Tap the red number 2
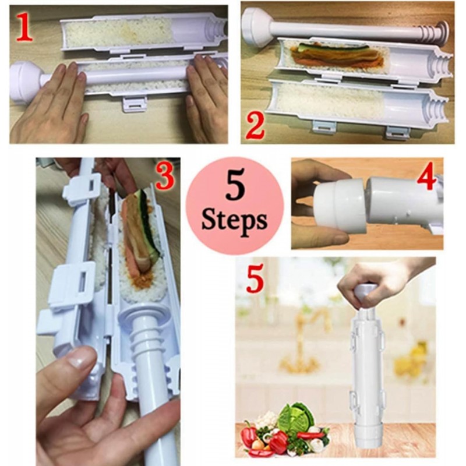point(255,127)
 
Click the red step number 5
point(255,280)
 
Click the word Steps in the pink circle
point(234,222)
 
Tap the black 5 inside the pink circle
point(235,187)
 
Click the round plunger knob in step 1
point(24,81)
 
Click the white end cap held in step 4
point(340,205)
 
